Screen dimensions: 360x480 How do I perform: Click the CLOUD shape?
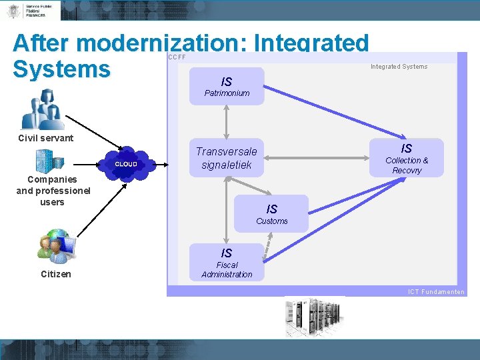click(x=127, y=164)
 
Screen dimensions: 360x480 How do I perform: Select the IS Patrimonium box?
click(x=227, y=86)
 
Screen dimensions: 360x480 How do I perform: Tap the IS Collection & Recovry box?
click(x=407, y=158)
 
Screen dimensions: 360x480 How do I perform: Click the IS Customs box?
click(x=272, y=213)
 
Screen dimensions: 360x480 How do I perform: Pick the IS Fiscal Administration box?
click(x=227, y=262)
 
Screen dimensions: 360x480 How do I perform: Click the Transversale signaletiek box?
click(x=226, y=158)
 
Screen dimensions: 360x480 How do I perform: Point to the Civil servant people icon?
click(x=43, y=109)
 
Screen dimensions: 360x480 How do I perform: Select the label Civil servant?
click(x=46, y=139)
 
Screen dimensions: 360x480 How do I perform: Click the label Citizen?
click(x=55, y=274)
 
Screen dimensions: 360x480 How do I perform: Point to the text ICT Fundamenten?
click(x=436, y=292)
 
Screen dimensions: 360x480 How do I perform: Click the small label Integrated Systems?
click(x=399, y=67)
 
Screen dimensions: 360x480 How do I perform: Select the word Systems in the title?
click(x=61, y=69)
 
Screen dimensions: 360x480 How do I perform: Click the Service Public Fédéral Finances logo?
click(x=31, y=10)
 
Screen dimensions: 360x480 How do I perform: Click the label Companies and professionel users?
click(x=52, y=191)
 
